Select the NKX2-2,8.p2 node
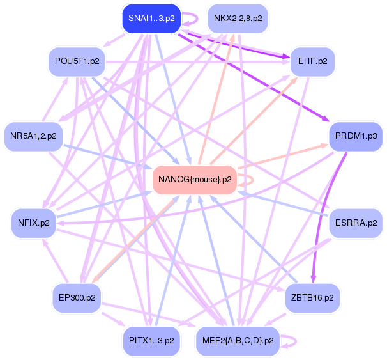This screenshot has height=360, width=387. [x=238, y=19]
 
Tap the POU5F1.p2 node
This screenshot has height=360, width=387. [x=75, y=63]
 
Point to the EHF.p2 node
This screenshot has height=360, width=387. [x=312, y=63]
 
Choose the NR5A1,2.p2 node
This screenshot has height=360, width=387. [x=33, y=136]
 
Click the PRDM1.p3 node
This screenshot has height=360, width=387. [x=355, y=136]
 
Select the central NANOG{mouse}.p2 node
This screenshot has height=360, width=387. [x=195, y=179]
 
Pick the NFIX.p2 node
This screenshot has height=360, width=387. [x=34, y=223]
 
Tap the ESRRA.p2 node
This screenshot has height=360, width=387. [x=355, y=223]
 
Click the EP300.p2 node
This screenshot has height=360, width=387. [x=75, y=297]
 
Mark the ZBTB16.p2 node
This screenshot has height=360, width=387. [x=313, y=297]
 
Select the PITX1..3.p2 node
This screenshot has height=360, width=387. [x=151, y=340]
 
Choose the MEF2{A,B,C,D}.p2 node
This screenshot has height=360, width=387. [x=238, y=340]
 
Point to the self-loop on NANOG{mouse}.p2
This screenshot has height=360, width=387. [x=248, y=179]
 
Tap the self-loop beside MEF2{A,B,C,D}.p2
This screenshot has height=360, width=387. [x=291, y=340]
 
